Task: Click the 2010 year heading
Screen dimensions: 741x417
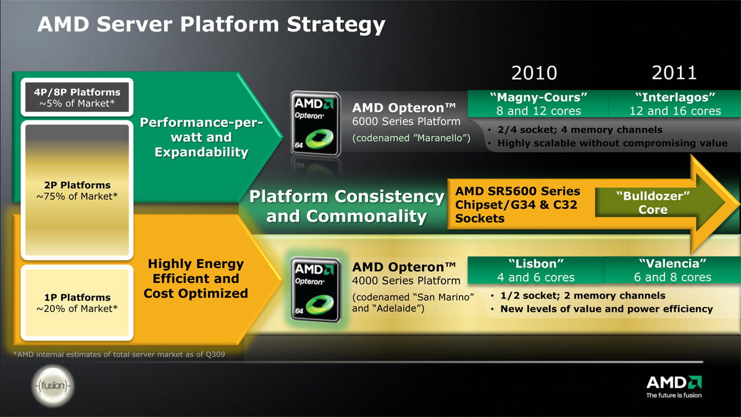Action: coord(534,73)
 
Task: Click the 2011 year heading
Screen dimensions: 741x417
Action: coord(674,73)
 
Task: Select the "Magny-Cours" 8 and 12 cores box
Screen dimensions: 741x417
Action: coord(538,104)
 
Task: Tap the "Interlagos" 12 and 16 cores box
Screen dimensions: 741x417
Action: coord(675,104)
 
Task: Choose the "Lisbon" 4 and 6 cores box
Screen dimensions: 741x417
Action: coord(536,270)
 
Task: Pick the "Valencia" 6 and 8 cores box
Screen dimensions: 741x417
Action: coord(672,270)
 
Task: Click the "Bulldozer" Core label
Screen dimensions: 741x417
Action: coord(653,203)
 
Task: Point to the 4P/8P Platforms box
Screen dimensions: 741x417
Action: coord(77,98)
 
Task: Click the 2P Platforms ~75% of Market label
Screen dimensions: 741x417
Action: coord(77,191)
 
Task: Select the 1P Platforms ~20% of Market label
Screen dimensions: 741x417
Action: coord(77,303)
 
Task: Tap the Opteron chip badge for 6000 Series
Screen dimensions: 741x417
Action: coord(316,124)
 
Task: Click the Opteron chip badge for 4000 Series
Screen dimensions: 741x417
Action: coord(316,290)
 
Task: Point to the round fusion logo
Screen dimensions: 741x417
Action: coord(53,385)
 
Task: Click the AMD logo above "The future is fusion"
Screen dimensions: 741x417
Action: coord(674,382)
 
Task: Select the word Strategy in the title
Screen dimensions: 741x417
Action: coord(336,25)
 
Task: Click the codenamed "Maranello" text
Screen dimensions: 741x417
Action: coord(411,138)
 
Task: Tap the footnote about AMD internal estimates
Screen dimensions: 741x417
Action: coord(119,355)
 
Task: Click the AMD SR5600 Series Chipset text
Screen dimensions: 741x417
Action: coord(517,198)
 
